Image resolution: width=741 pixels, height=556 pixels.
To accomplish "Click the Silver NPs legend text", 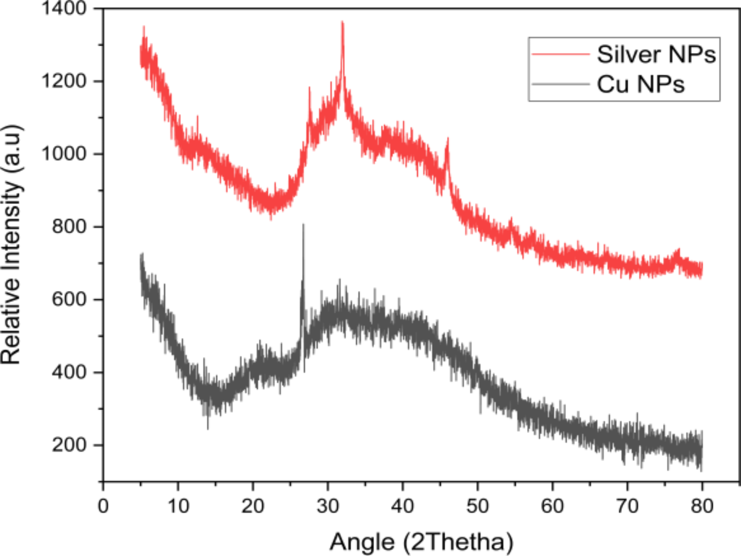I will (x=656, y=55).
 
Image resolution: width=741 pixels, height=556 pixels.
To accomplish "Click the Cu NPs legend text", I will (x=641, y=85).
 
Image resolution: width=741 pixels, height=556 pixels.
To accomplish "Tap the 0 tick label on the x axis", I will (x=103, y=506).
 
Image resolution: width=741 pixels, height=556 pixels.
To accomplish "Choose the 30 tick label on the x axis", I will (x=328, y=506).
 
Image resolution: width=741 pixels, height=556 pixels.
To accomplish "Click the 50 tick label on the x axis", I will (x=478, y=506).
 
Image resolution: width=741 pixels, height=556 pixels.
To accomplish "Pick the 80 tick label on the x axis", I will (x=702, y=506).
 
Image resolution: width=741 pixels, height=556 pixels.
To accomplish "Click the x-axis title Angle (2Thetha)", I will (x=421, y=542).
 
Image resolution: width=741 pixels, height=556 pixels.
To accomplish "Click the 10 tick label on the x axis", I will (x=178, y=506).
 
